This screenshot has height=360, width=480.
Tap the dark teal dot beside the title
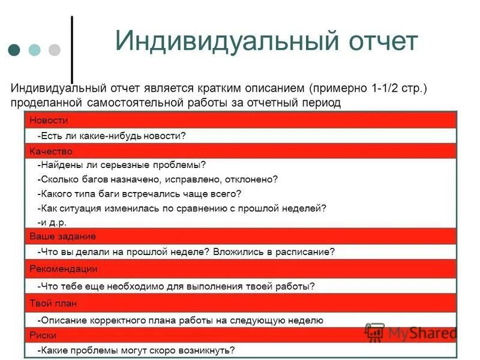coord(14,49)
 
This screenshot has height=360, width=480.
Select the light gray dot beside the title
coord(55,49)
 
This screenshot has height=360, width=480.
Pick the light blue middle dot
coord(34,49)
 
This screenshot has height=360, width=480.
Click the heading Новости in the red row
coord(49,120)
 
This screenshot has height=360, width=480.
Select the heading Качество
coord(51,151)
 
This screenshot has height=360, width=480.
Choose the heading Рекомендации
coord(63,269)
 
